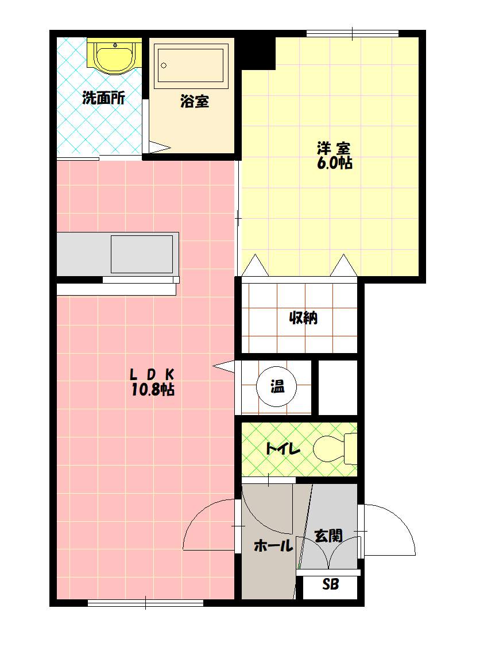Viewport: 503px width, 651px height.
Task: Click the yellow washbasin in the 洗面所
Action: pos(115,56)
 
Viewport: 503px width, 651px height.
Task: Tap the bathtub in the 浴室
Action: pos(192,65)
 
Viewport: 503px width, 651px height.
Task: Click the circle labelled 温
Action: pos(277,387)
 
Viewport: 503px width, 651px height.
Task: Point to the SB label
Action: pos(331,584)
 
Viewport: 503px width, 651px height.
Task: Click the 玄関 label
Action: pos(328,536)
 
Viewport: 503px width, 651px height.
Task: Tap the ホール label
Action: pos(273,545)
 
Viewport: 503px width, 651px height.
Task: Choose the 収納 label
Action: pos(303,318)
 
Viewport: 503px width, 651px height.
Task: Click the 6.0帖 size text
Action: pos(335,163)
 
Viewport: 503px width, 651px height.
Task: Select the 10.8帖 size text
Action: pos(153,389)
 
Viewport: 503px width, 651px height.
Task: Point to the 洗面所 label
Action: pos(103,98)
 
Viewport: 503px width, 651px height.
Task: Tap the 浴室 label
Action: pos(195,101)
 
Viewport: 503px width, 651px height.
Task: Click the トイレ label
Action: pos(283,449)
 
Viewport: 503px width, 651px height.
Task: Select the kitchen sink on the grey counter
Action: pos(142,254)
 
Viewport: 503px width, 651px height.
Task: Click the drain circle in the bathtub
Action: pos(164,65)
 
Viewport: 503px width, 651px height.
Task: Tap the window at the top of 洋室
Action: pos(353,34)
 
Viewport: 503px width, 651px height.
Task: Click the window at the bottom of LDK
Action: pos(145,602)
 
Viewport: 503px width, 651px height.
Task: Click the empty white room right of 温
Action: pos(338,387)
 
